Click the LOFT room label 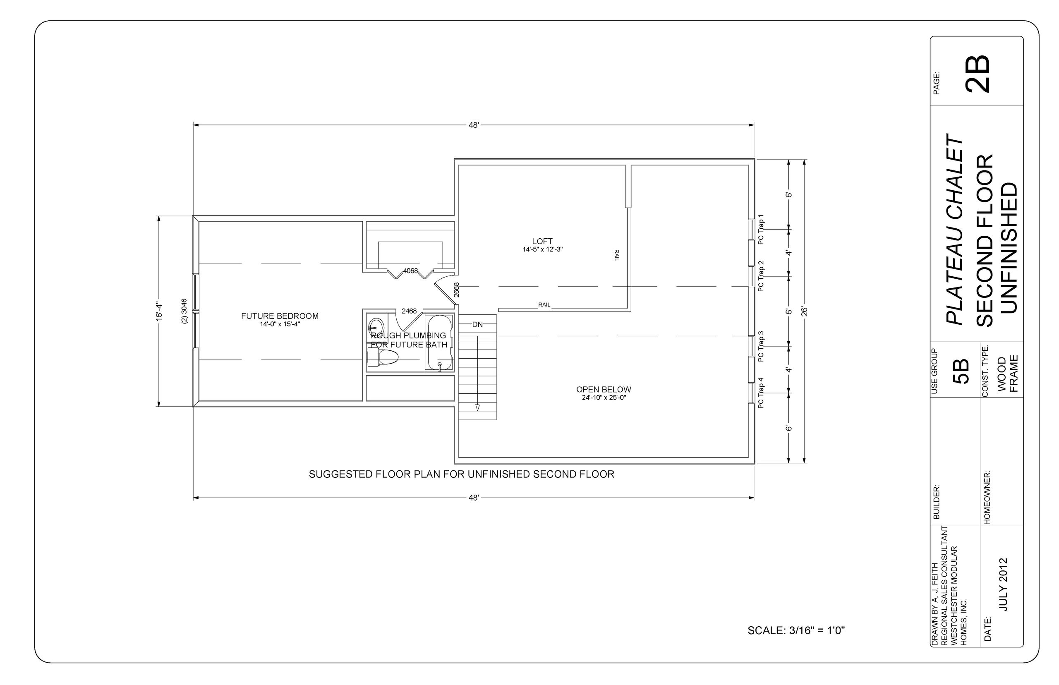(x=542, y=241)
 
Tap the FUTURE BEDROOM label (x=280, y=316)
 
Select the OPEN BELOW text (x=604, y=389)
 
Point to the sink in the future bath (x=376, y=325)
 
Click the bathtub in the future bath (x=439, y=342)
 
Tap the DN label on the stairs (x=477, y=325)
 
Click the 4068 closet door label (x=410, y=271)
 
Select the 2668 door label (x=456, y=290)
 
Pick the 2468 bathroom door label (x=409, y=311)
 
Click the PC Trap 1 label (x=761, y=230)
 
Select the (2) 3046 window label (x=184, y=311)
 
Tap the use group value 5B (x=961, y=371)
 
